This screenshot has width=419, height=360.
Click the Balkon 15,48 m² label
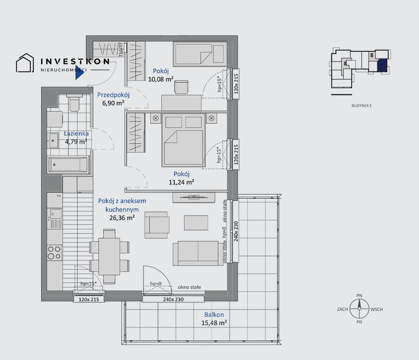[214, 319]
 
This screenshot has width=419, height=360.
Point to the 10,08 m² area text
[162, 78]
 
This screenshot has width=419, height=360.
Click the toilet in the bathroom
[74, 104]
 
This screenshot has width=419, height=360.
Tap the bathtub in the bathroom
[69, 165]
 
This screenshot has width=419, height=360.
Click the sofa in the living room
[195, 252]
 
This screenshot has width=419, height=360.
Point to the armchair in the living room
[156, 224]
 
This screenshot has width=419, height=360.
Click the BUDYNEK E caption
[362, 106]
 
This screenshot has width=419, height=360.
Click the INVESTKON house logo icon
[24, 64]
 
